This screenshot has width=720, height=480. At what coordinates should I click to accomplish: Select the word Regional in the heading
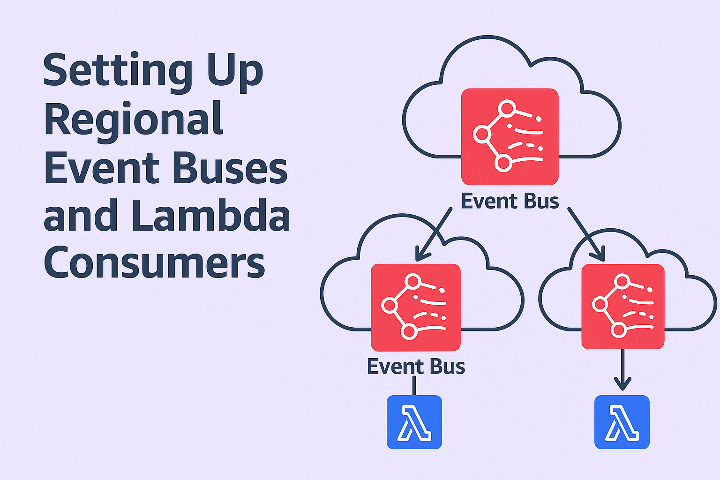134,120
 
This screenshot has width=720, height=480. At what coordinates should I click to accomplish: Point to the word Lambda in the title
210,216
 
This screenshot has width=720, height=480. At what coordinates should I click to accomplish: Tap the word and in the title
80,216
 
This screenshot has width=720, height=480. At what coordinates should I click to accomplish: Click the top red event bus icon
510,136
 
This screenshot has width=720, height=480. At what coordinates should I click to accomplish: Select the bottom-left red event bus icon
415,307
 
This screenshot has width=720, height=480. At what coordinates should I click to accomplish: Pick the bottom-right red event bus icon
622,307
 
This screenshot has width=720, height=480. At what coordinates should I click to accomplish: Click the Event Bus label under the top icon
510,201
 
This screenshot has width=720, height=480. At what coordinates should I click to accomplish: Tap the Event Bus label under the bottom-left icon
416,367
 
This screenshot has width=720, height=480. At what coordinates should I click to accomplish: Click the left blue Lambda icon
414,422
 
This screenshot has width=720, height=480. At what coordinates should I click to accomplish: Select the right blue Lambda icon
622,422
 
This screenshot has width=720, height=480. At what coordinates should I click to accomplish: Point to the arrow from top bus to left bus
434,234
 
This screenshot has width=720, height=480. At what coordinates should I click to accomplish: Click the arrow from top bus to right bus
586,233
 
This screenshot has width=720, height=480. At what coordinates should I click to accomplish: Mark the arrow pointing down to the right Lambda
622,370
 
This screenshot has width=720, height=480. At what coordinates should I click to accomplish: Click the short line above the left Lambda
414,386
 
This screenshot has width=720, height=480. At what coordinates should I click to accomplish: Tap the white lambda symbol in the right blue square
622,423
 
